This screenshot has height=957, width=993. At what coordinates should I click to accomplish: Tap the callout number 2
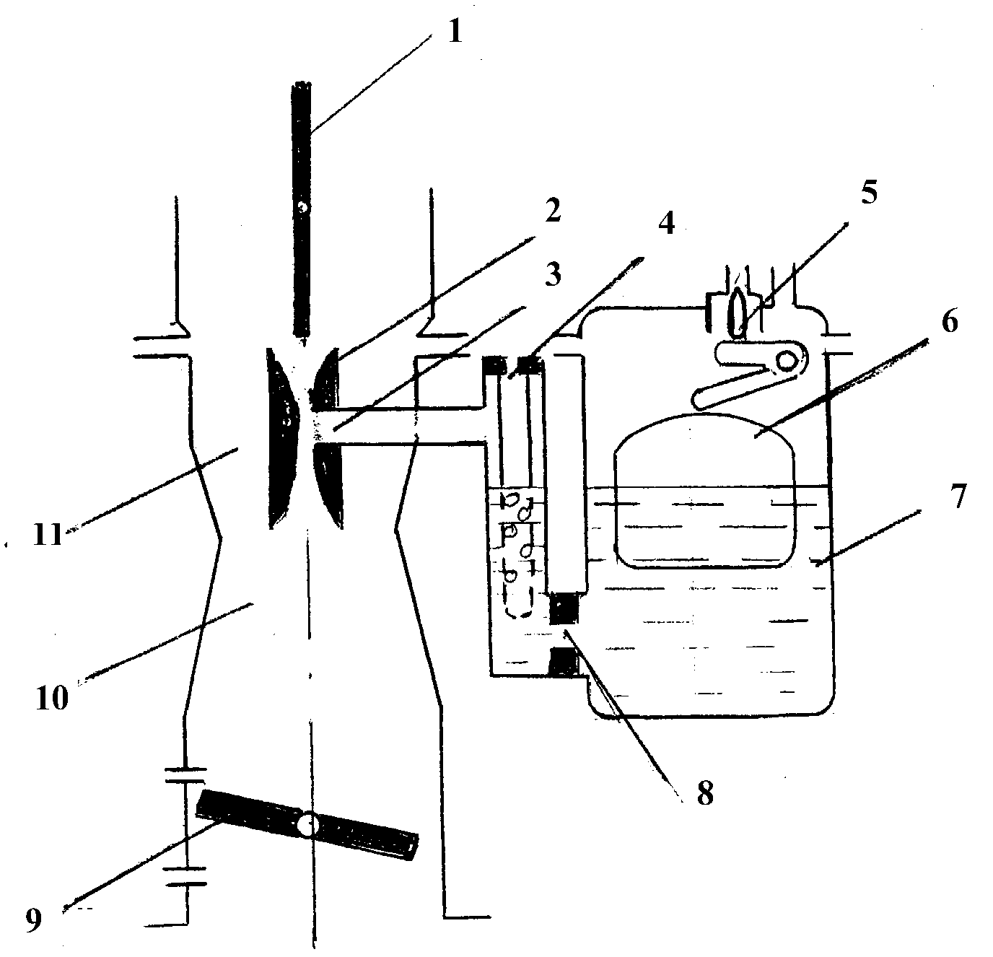[x=551, y=209]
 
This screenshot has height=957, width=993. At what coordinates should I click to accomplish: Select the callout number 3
[x=551, y=274]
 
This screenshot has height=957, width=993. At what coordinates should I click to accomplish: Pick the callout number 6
[x=949, y=320]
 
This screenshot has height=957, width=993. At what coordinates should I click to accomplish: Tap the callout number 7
[x=958, y=497]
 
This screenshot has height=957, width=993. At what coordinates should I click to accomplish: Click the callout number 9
[x=34, y=919]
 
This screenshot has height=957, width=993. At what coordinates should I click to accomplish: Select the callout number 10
[x=52, y=698]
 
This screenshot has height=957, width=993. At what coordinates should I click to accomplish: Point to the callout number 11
[x=48, y=535]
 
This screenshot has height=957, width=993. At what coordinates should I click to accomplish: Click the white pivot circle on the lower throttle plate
[x=308, y=824]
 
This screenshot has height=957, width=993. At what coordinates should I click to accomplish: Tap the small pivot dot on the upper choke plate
[x=302, y=207]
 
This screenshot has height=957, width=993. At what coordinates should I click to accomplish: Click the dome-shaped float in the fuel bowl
[x=704, y=490]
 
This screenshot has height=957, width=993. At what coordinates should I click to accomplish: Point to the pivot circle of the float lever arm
[x=787, y=362]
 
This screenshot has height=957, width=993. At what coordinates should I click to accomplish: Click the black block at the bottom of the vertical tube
[x=565, y=610]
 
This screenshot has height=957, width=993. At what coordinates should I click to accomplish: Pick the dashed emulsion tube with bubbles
[x=519, y=554]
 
